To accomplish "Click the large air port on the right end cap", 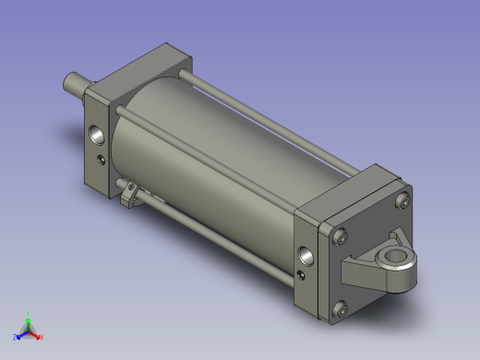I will pyautogui.click(x=306, y=252).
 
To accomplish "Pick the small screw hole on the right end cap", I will pyautogui.click(x=303, y=273).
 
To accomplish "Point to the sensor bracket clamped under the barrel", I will pyautogui.click(x=132, y=195).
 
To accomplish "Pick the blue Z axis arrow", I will pyautogui.click(x=20, y=333).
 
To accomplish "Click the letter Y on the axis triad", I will pyautogui.click(x=29, y=312).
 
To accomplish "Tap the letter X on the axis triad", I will pyautogui.click(x=42, y=337).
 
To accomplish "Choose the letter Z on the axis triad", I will pyautogui.click(x=15, y=337).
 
